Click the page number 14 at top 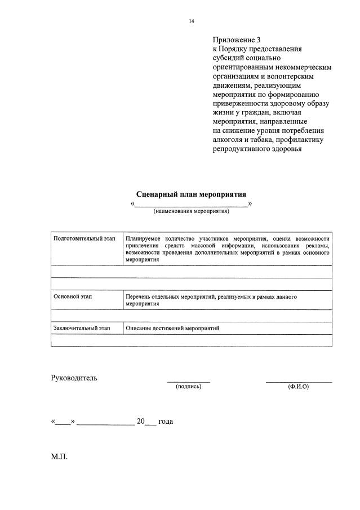192,21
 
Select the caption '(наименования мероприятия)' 191,211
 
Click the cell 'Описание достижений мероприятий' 172,327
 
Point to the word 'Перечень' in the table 139,296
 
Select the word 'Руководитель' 74,378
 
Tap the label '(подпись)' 188,387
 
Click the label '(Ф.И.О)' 298,387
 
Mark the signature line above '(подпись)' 188,382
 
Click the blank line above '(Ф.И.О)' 299,382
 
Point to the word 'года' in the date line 166,422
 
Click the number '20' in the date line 141,422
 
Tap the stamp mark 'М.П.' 59,456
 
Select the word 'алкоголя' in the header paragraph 227,140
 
